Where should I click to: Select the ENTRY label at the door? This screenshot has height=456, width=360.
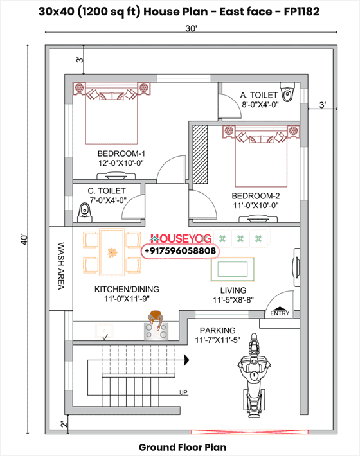pos(280,313)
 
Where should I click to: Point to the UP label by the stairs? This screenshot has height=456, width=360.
pos(184,392)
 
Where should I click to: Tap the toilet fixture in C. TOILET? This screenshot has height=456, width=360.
pos(83,211)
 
